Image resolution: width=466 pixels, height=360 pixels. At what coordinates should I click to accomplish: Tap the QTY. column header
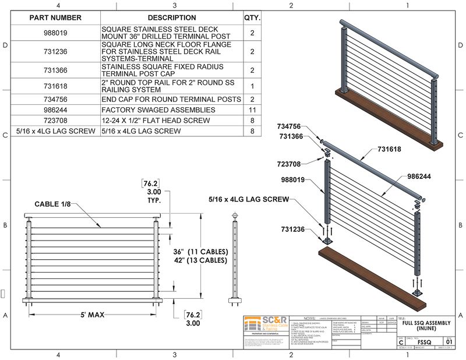(x=252, y=17)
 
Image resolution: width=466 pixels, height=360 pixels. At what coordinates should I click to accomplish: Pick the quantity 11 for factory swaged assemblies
(x=252, y=109)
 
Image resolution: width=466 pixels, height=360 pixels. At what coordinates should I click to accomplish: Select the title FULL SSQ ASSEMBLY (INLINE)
(x=423, y=324)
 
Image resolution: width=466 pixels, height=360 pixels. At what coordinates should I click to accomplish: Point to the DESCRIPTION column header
(x=171, y=17)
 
